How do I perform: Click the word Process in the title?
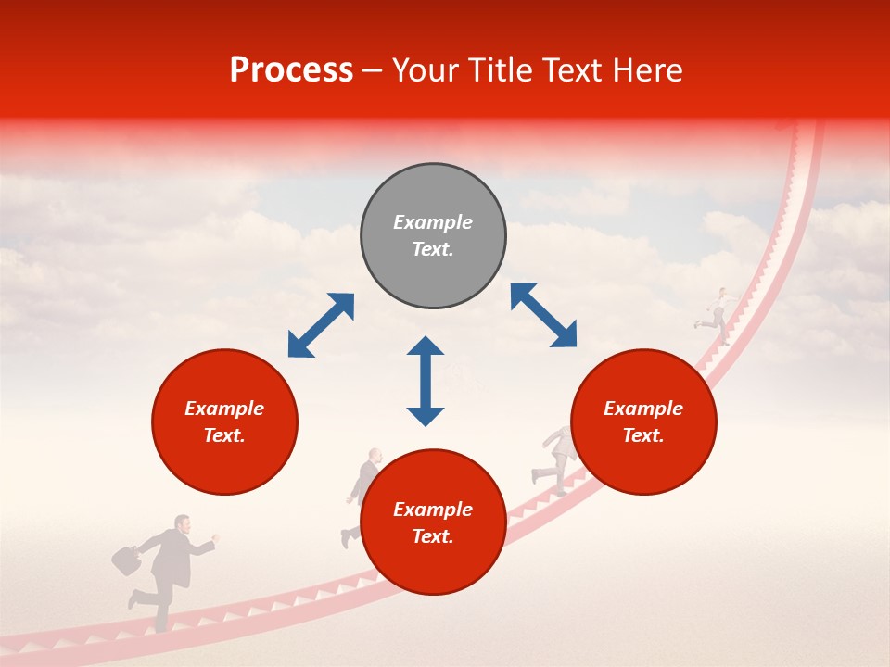[x=291, y=70]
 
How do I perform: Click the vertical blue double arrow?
[x=426, y=381]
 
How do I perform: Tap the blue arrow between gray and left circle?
[x=321, y=325]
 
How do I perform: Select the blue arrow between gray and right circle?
[x=543, y=315]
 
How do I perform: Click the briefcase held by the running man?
[x=126, y=560]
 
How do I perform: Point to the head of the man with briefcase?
[x=183, y=524]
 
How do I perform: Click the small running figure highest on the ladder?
[x=717, y=315]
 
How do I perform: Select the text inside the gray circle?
[x=433, y=235]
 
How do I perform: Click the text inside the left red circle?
[x=224, y=422]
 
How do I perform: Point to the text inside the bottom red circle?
[x=433, y=522]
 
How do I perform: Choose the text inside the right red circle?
[x=643, y=422]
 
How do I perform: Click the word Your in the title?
[x=426, y=70]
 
